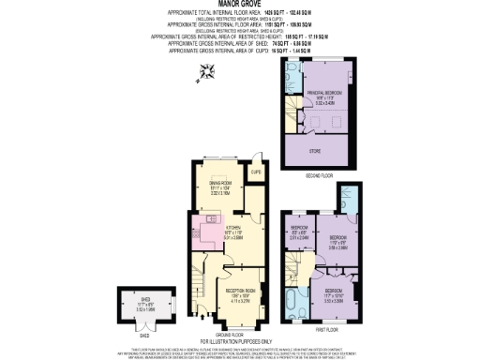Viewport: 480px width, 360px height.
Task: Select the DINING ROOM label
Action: pos(218,185)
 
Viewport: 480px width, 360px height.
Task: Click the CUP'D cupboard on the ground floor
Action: pos(255,172)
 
